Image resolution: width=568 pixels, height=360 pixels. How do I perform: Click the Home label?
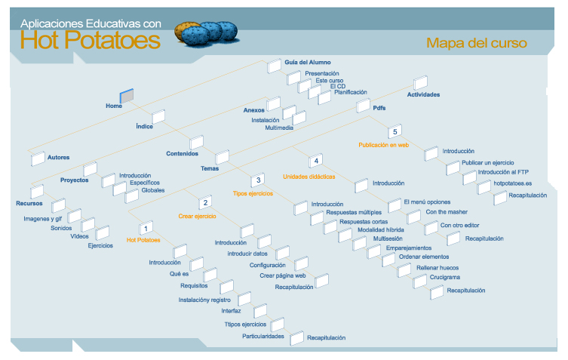(x=114, y=106)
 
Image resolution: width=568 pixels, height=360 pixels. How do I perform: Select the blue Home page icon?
(x=127, y=95)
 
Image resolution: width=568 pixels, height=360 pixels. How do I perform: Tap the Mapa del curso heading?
(x=476, y=43)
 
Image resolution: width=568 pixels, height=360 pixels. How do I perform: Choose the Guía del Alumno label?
(x=308, y=62)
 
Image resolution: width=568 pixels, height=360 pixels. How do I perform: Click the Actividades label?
(x=423, y=94)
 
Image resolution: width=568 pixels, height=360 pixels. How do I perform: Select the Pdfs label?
(x=379, y=108)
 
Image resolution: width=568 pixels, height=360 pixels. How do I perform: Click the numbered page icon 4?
(x=317, y=161)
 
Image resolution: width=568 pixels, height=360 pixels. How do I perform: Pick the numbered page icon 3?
(x=259, y=180)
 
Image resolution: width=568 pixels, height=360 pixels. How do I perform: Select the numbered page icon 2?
(x=205, y=202)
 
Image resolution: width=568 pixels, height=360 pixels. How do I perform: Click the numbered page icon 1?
(x=146, y=226)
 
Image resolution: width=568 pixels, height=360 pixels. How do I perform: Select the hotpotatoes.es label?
(x=513, y=183)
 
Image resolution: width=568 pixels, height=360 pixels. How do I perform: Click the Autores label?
(x=58, y=158)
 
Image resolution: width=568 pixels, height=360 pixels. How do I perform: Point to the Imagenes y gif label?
(x=43, y=218)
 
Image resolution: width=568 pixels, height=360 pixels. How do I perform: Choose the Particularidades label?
(x=263, y=336)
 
